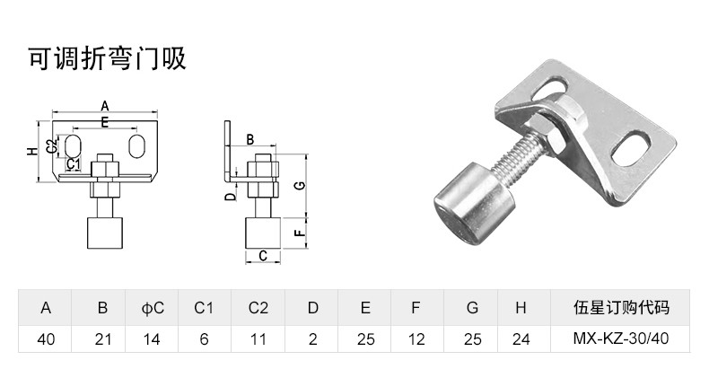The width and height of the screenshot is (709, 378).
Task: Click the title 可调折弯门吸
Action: click(x=106, y=58)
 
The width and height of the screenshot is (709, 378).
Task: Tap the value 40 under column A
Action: click(x=45, y=338)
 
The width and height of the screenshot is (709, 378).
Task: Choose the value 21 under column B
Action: click(x=102, y=338)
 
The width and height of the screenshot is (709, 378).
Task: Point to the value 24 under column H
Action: click(x=520, y=338)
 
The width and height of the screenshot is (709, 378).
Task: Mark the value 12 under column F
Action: click(x=416, y=338)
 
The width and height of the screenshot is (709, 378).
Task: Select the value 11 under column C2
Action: click(x=258, y=338)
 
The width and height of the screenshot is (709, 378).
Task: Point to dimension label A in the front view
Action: click(x=105, y=105)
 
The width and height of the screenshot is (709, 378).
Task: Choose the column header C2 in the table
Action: click(x=258, y=307)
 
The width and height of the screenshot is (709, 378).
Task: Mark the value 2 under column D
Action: click(x=312, y=338)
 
